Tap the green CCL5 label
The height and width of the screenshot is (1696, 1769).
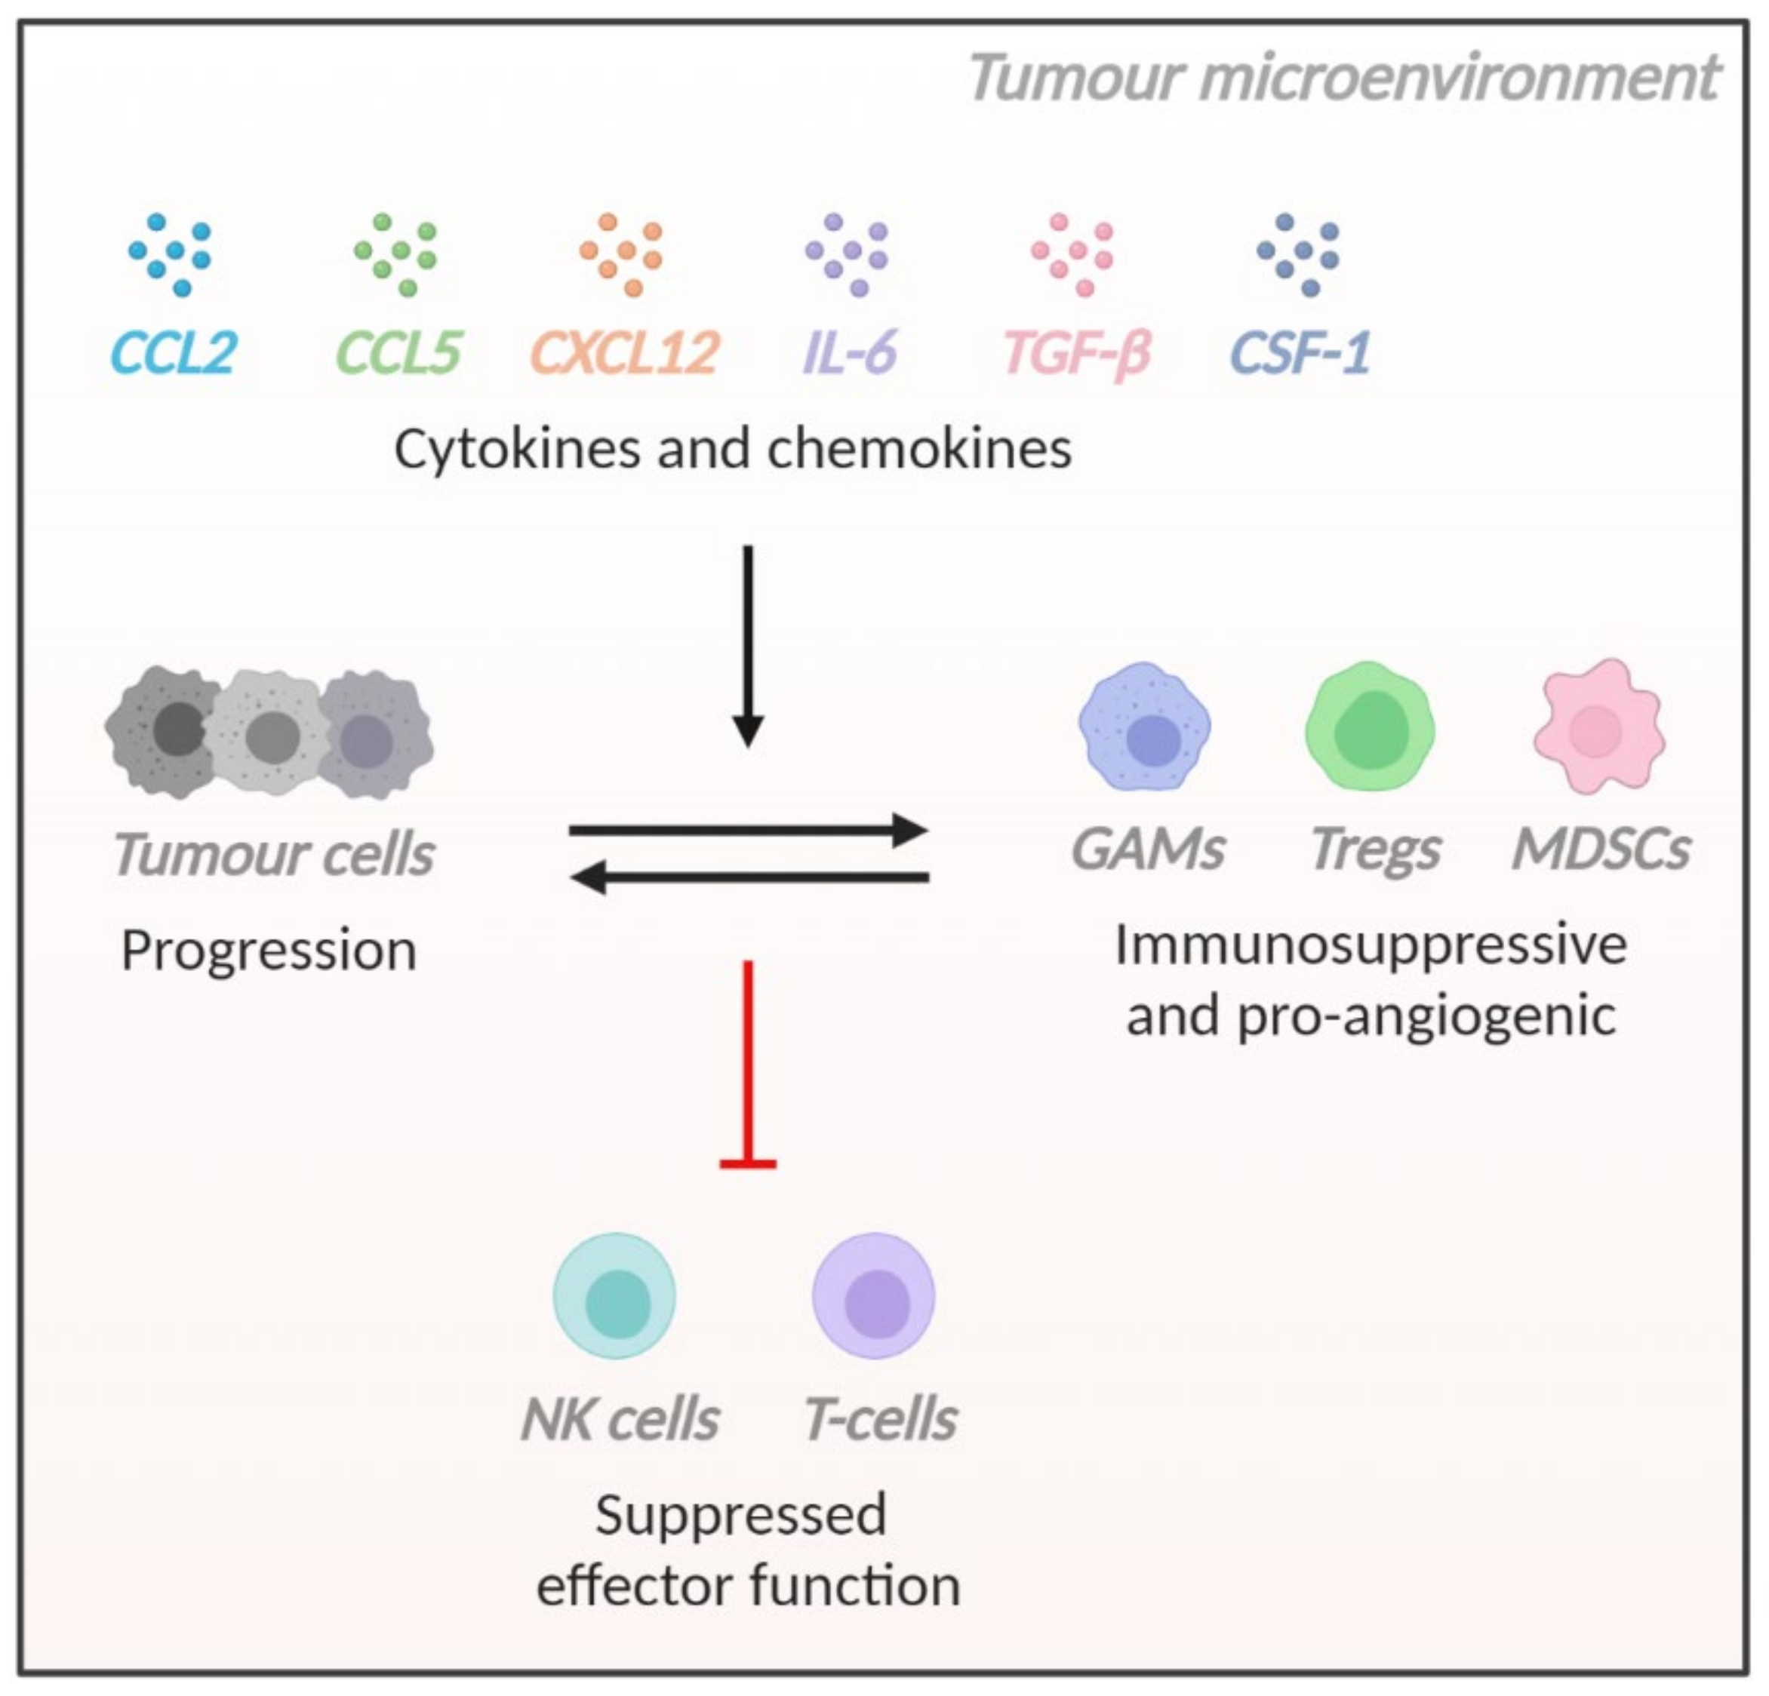click(x=398, y=353)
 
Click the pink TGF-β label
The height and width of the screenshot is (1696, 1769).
click(x=1077, y=353)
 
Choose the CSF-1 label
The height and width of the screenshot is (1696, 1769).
click(x=1300, y=353)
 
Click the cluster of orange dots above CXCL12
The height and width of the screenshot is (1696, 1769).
click(x=622, y=254)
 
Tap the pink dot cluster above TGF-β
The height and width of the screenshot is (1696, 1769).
click(x=1073, y=254)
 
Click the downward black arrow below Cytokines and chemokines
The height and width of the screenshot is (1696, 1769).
click(x=747, y=645)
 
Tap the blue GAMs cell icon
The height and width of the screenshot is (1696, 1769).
click(x=1144, y=727)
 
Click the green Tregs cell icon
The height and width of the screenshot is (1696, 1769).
click(x=1370, y=727)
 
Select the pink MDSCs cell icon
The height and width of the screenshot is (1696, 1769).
click(x=1598, y=727)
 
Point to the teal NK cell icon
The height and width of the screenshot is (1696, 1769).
click(x=614, y=1296)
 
